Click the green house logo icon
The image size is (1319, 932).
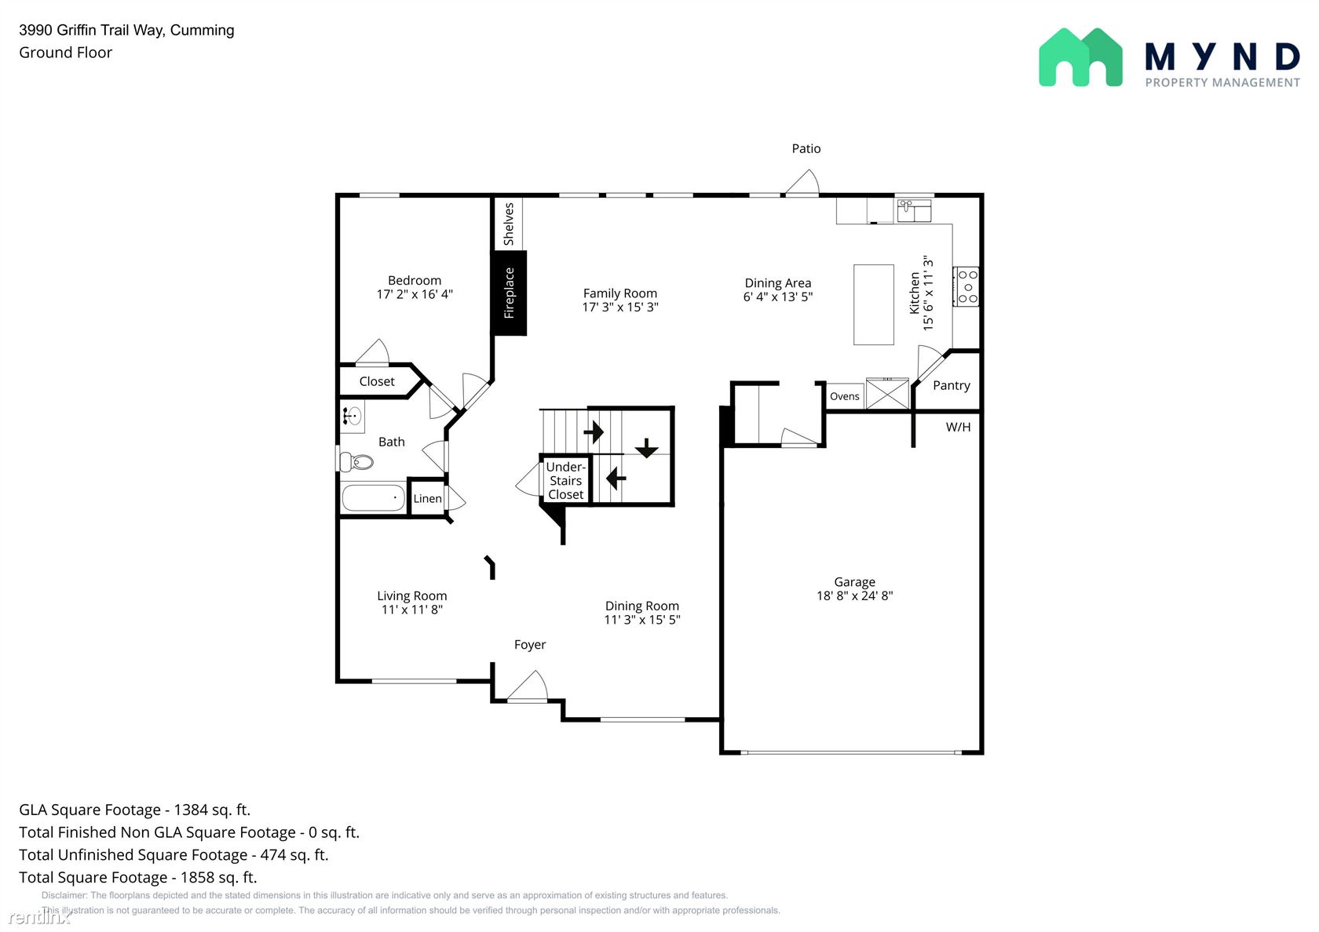1080,57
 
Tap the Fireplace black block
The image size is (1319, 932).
510,293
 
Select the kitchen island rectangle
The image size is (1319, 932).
874,304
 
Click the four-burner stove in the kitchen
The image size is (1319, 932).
966,286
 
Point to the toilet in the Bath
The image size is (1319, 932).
356,462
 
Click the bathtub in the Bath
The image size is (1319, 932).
374,497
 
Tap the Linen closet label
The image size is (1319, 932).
427,498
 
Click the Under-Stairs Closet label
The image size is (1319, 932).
566,481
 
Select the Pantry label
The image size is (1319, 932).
952,385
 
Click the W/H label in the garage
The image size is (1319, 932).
958,427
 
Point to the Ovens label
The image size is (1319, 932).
845,396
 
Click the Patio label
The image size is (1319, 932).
806,148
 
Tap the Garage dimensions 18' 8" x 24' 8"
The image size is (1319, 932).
854,595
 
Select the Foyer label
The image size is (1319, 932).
530,645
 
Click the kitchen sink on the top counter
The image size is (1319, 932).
914,210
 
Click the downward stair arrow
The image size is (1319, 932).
647,448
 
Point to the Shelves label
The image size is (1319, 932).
509,224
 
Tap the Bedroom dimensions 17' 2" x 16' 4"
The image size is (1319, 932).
415,294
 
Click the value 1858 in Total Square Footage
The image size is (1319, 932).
197,877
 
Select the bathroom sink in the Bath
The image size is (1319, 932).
352,416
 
